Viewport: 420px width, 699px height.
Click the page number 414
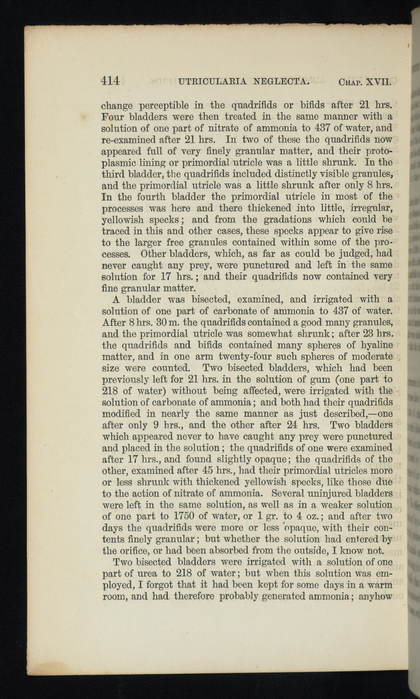pos(110,81)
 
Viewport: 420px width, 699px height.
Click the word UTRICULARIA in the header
pos(212,82)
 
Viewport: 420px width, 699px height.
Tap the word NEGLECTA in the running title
pos(282,82)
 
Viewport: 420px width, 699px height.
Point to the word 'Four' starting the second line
pos(113,116)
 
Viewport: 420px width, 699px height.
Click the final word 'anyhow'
pos(375,596)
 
